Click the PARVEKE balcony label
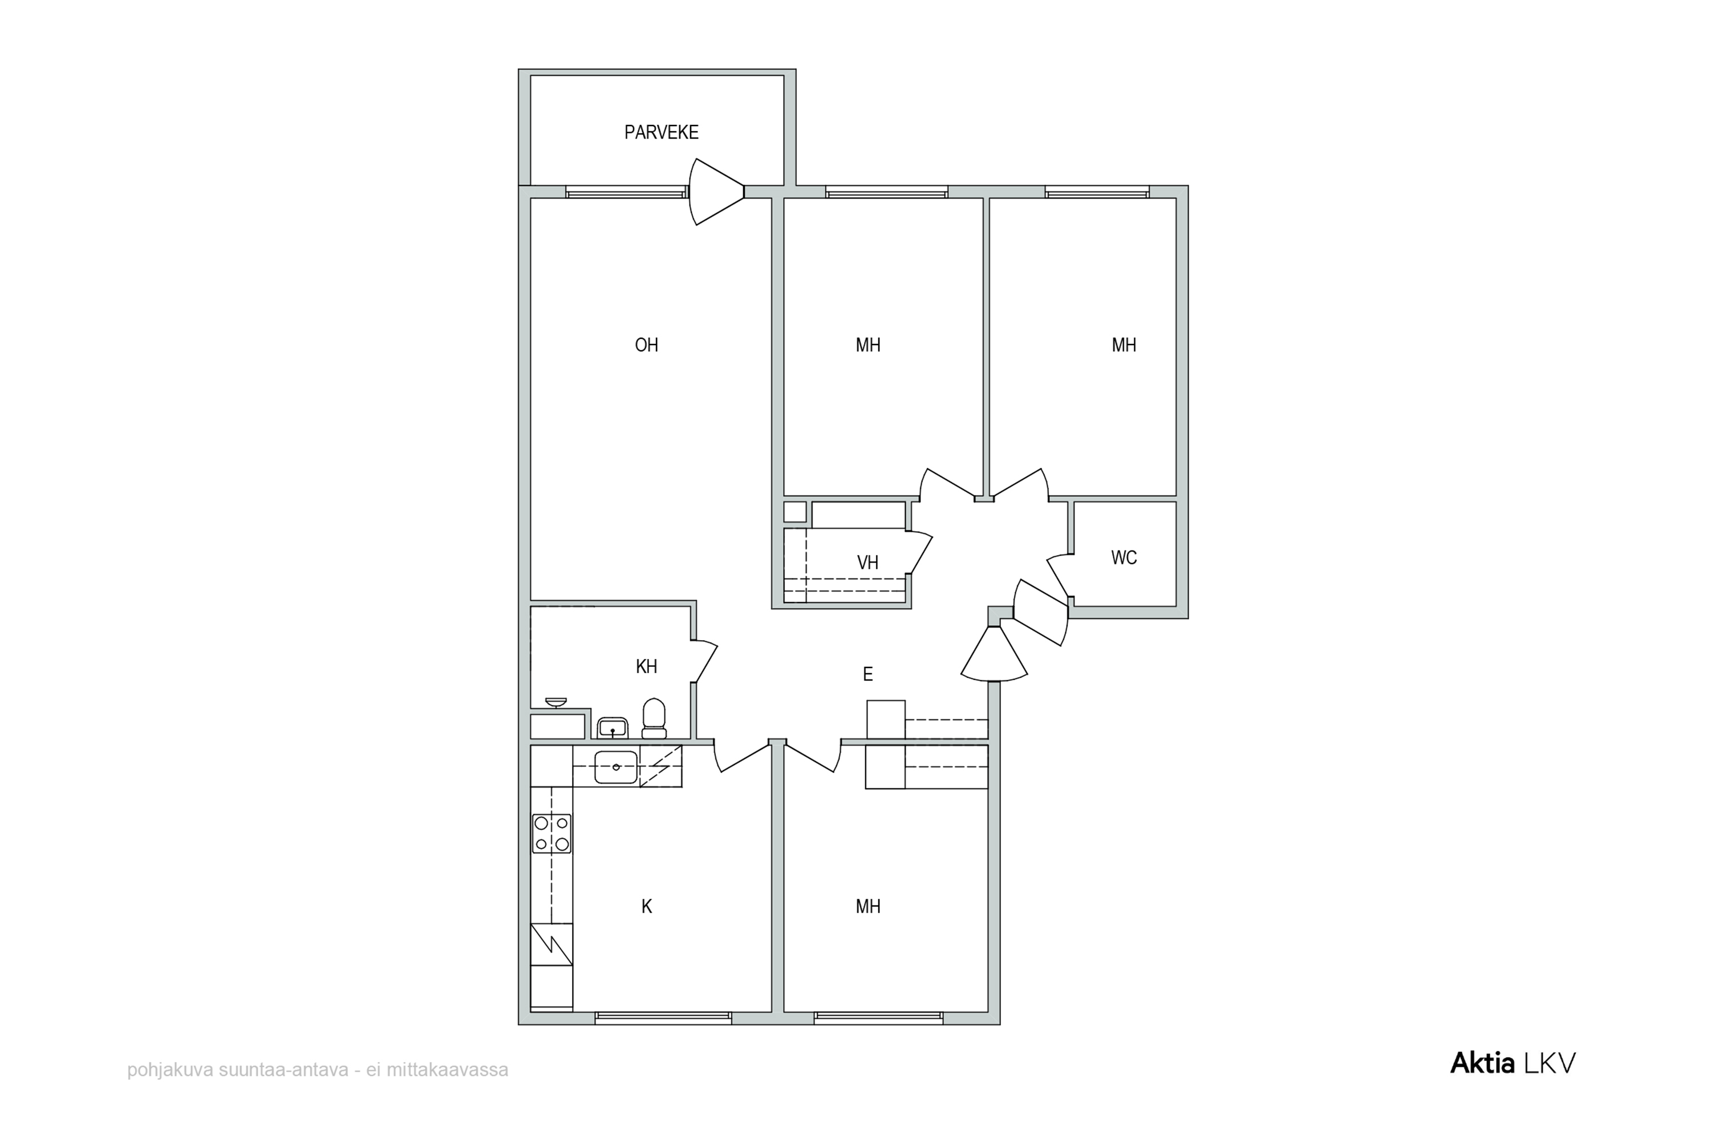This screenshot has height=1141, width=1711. (x=661, y=132)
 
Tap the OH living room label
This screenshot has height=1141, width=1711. (x=647, y=345)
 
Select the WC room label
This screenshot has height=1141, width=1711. (x=1124, y=558)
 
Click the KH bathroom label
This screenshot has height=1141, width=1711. (x=647, y=666)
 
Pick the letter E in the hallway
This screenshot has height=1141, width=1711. (x=868, y=674)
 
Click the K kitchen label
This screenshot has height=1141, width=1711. (x=647, y=907)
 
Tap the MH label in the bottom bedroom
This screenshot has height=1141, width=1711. (x=868, y=907)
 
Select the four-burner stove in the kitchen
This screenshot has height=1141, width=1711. (x=552, y=834)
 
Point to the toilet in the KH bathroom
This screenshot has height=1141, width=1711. (x=654, y=718)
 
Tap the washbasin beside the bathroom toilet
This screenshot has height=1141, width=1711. (x=613, y=728)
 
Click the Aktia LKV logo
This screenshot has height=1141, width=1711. (x=1513, y=1063)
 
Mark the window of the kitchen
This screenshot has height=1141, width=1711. (x=663, y=1018)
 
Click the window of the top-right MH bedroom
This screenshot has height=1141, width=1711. (x=1097, y=192)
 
